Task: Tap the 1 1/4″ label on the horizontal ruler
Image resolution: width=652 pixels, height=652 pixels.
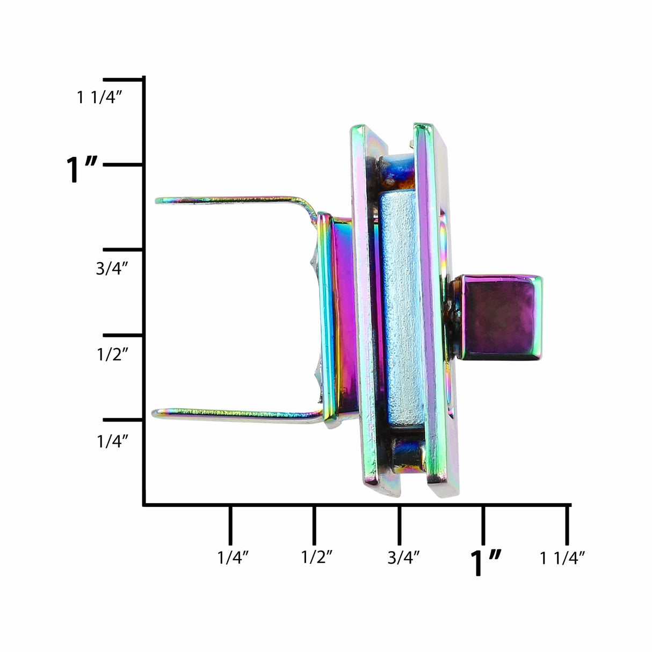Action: pyautogui.click(x=562, y=558)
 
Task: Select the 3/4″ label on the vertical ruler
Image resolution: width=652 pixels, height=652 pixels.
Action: pyautogui.click(x=112, y=269)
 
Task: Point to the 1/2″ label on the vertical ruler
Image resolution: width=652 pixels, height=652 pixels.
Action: pyautogui.click(x=112, y=354)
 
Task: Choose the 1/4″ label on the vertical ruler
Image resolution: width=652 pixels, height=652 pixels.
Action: pyautogui.click(x=112, y=441)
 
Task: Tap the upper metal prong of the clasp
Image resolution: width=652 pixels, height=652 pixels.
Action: pyautogui.click(x=231, y=200)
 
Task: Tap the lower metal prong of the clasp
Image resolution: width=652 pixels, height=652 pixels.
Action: pyautogui.click(x=236, y=414)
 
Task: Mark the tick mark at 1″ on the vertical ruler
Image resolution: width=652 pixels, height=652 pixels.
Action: pyautogui.click(x=124, y=164)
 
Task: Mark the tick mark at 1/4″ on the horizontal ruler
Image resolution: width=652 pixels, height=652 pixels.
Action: pyautogui.click(x=230, y=524)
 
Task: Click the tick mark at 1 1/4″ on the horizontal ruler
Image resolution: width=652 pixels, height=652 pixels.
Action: pyautogui.click(x=567, y=524)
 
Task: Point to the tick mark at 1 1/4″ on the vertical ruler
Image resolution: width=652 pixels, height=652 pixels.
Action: pyautogui.click(x=124, y=79)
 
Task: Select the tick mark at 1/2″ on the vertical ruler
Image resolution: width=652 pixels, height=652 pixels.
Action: pyautogui.click(x=124, y=335)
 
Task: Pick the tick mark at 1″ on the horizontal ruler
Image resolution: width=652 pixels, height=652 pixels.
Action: pyautogui.click(x=483, y=524)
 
